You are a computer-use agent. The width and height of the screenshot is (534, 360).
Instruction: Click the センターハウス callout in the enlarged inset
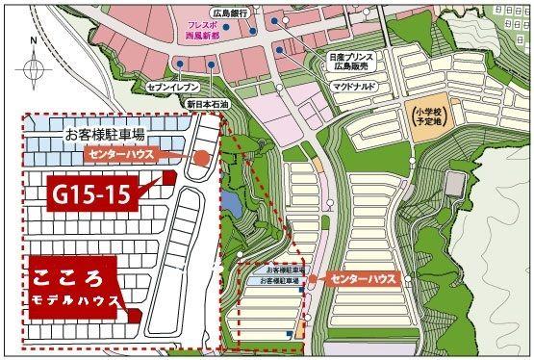click(x=122, y=154)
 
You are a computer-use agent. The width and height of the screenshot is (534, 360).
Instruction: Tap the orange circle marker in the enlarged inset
click(x=202, y=160)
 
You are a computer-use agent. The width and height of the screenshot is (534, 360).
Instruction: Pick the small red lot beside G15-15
click(x=168, y=178)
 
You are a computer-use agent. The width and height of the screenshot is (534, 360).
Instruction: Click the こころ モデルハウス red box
click(x=75, y=286)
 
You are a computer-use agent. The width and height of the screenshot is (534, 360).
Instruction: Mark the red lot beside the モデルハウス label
click(x=135, y=314)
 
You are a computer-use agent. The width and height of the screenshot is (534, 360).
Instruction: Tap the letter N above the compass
click(x=33, y=42)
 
